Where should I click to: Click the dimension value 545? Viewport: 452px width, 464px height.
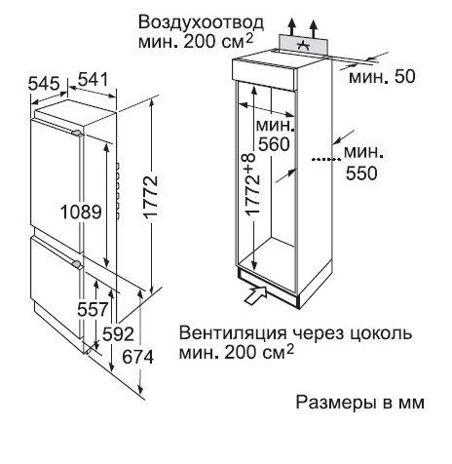(x=44, y=84)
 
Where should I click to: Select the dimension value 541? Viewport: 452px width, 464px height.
(x=94, y=80)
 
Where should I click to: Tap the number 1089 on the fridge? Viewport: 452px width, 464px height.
(x=81, y=213)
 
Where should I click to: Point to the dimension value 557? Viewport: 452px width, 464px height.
(x=93, y=309)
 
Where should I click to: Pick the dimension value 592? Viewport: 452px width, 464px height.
(x=118, y=334)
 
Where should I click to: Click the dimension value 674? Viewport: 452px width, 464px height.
(x=137, y=358)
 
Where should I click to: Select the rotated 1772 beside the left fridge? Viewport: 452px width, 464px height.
(x=151, y=197)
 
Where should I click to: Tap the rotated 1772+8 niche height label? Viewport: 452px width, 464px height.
(x=253, y=184)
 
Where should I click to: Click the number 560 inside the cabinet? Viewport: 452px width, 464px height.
(x=274, y=144)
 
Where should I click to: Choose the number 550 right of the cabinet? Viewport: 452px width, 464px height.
(x=361, y=174)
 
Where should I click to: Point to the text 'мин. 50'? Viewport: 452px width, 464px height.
(x=382, y=77)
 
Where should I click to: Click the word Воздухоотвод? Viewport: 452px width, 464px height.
(x=201, y=23)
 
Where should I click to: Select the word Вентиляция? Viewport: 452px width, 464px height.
(x=233, y=333)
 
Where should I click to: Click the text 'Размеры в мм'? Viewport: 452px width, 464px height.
(x=360, y=403)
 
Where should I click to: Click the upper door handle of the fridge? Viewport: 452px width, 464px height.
(x=77, y=133)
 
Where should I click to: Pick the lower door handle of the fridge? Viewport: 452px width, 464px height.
(x=77, y=264)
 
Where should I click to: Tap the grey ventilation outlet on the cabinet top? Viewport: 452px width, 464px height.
(x=304, y=45)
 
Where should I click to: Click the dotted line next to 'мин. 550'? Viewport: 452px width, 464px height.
(x=326, y=159)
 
